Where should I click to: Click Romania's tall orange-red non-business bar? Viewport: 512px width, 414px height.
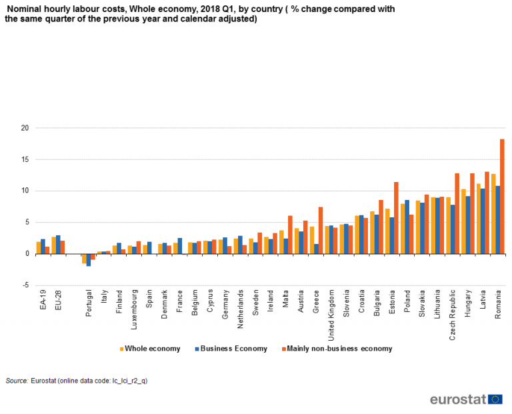pos(502,196)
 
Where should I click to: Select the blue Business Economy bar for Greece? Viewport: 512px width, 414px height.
pos(317,249)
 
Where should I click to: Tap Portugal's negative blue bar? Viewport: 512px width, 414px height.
pos(89,260)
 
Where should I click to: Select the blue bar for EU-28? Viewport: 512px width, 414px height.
pos(58,245)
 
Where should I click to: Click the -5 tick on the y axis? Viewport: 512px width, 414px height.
pos(25,285)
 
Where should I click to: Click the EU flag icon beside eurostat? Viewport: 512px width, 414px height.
pos(495,399)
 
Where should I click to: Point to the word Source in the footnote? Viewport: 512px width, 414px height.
pos(16,380)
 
